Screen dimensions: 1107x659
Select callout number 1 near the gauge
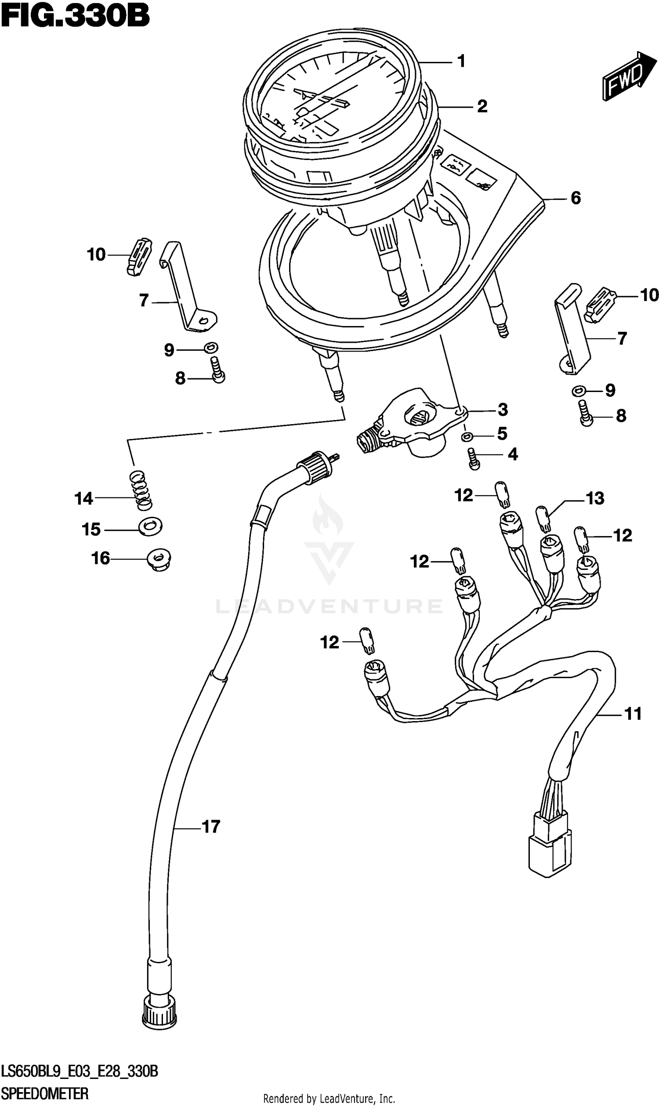(461, 61)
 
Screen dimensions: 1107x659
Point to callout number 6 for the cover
(576, 198)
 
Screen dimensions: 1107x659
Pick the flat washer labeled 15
(150, 527)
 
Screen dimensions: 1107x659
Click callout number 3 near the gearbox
(502, 410)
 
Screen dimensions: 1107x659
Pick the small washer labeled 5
(466, 437)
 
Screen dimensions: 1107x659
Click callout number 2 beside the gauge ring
(482, 106)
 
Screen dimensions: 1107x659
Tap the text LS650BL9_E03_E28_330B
(80, 1071)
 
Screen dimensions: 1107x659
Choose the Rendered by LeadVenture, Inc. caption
(329, 1099)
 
